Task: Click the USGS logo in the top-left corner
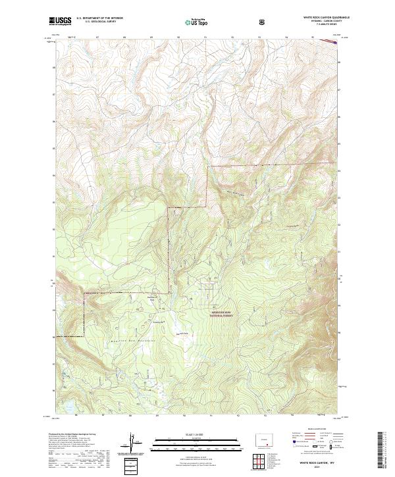click(x=60, y=22)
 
